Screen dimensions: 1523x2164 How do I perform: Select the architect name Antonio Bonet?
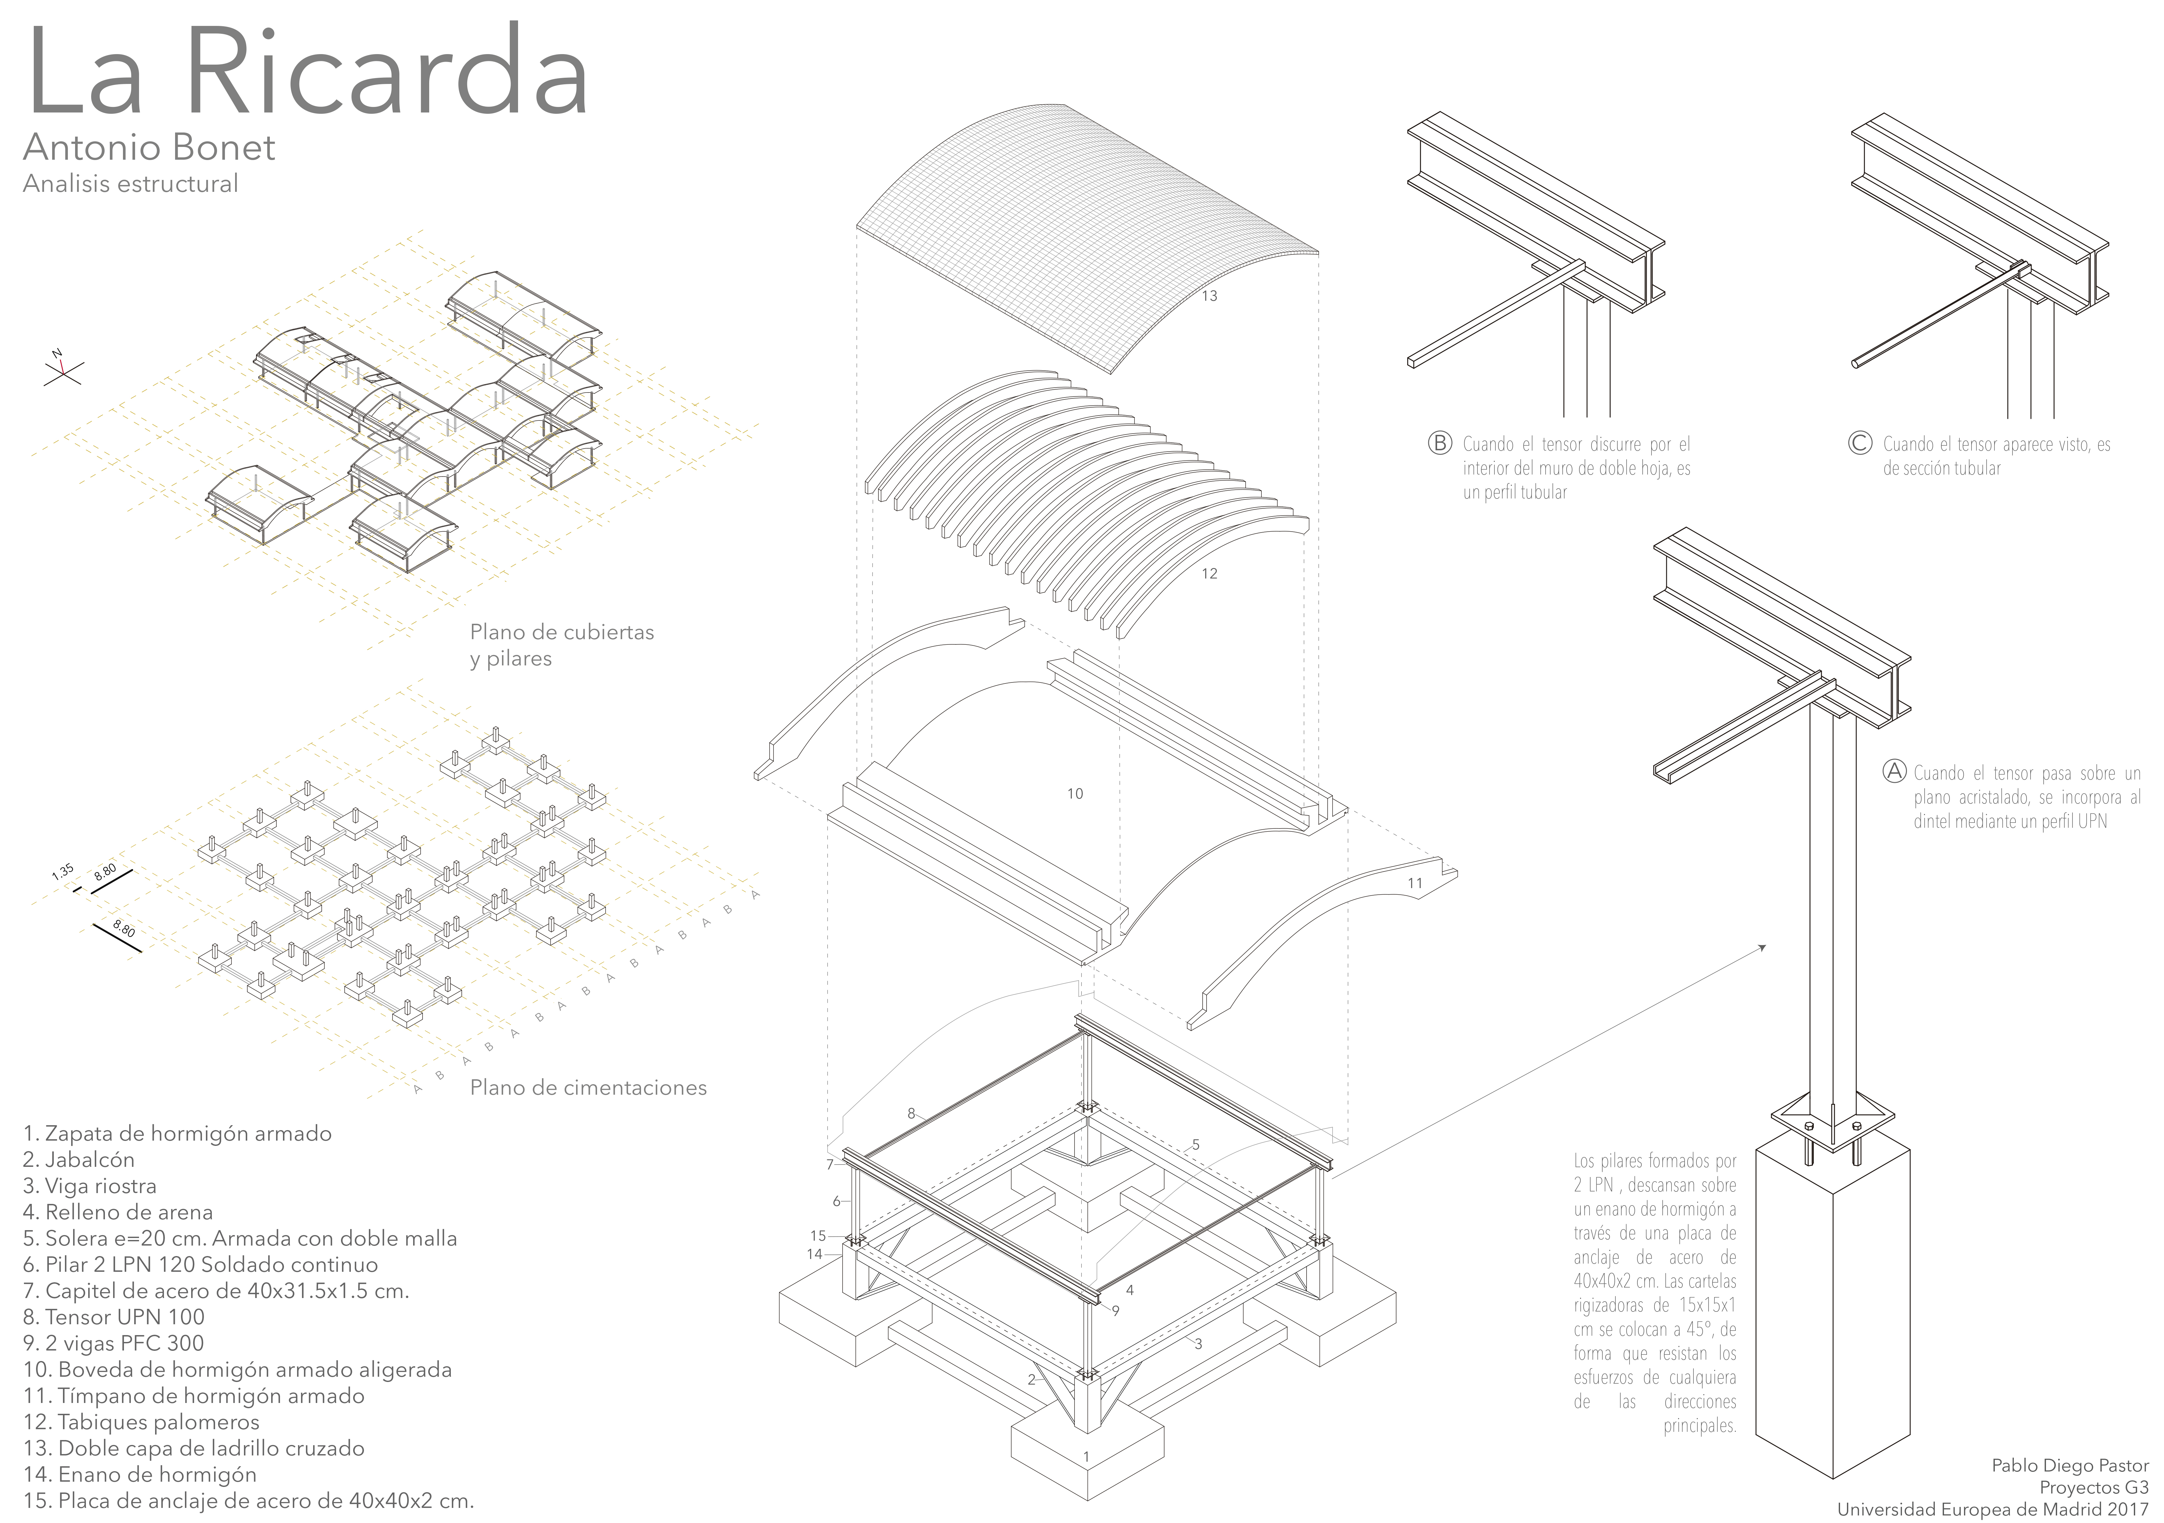[149, 147]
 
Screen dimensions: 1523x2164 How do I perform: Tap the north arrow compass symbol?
[62, 370]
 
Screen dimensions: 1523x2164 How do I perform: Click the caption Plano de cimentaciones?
[588, 1087]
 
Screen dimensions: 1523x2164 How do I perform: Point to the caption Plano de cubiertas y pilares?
[562, 645]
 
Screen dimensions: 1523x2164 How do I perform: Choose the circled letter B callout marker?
[1439, 443]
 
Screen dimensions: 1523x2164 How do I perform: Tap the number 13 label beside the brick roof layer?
[1209, 296]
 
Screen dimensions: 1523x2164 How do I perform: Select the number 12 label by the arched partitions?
[1209, 573]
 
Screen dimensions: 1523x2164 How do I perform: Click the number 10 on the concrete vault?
[1074, 794]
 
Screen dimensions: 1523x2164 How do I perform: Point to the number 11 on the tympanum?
[1415, 883]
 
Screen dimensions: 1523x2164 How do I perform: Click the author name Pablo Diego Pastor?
[2070, 1466]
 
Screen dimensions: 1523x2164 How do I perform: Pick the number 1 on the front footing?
[1086, 1456]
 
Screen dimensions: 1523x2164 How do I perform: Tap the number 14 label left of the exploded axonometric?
[814, 1253]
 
